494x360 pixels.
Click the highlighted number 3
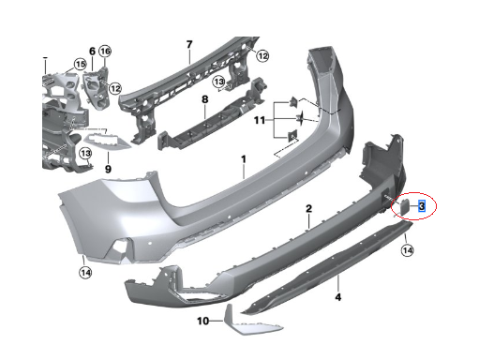tap(422, 206)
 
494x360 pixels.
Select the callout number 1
tap(244, 159)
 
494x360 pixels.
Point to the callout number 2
tap(308, 208)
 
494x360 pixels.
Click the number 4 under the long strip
tap(338, 297)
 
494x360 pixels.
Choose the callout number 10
tap(203, 321)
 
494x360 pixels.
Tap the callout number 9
tap(108, 169)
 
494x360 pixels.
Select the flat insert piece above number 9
tap(107, 141)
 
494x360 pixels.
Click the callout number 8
tap(204, 99)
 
